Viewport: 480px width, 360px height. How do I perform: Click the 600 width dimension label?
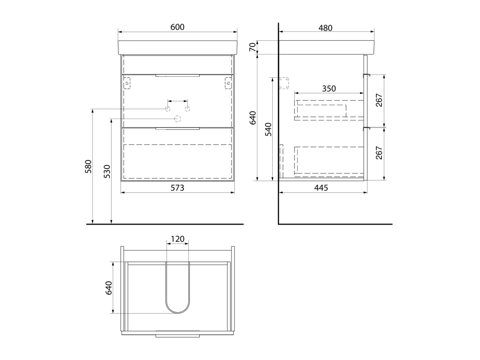[177, 27]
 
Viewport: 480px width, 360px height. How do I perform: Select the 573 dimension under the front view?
[177, 187]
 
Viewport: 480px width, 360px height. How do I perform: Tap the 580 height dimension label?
[88, 166]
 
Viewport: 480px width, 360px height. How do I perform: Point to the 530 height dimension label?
[107, 172]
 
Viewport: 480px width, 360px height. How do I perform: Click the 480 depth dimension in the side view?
[325, 28]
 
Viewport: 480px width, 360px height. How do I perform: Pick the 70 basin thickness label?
[252, 47]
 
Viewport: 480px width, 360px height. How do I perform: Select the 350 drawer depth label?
[329, 89]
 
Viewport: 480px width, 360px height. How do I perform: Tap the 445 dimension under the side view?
[321, 187]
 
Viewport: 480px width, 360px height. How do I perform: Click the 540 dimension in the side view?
[268, 129]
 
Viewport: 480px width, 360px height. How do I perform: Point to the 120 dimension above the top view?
[177, 239]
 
